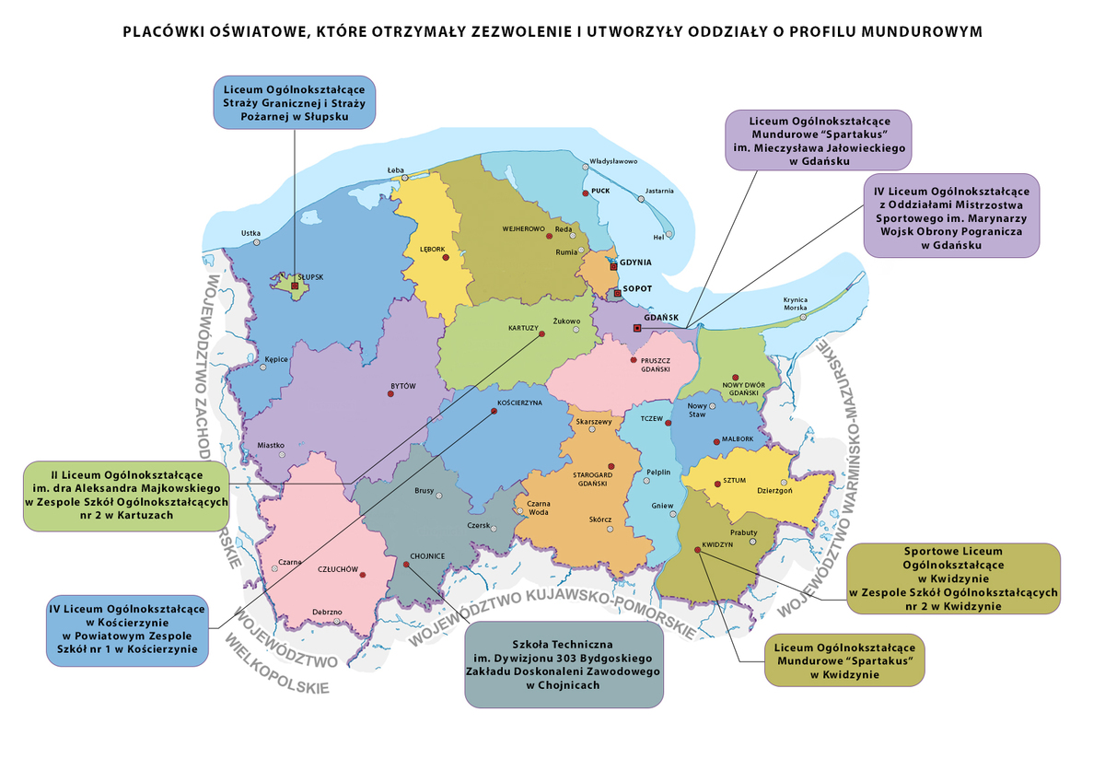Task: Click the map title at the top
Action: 552,31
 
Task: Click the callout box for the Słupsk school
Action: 294,102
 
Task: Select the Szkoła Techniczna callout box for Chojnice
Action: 564,665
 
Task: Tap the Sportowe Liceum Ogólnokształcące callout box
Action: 953,578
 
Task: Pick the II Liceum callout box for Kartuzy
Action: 126,496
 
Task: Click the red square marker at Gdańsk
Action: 636,328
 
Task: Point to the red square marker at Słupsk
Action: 295,286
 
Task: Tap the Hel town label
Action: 657,236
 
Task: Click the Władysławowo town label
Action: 613,161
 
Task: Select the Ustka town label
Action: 250,233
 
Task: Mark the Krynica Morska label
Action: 795,303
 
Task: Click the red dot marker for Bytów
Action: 390,393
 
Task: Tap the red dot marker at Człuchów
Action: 363,575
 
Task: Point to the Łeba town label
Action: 396,169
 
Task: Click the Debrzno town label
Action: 327,612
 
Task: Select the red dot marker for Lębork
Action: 446,258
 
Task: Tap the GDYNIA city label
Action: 636,263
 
